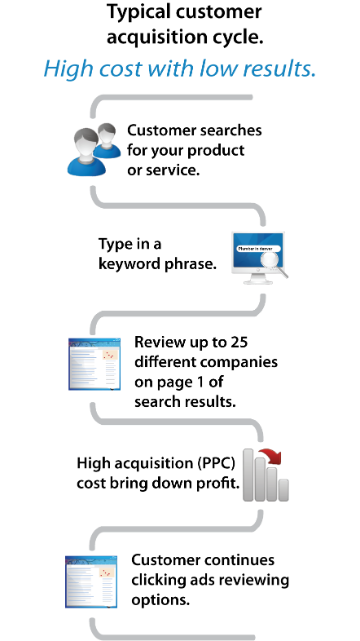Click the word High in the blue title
tap(64, 69)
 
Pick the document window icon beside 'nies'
tap(94, 363)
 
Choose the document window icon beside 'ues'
tap(91, 581)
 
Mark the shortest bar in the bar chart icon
tap(284, 489)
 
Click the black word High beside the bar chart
tap(90, 464)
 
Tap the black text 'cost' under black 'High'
tap(90, 483)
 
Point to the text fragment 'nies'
tap(264, 362)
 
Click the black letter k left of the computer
tap(102, 264)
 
